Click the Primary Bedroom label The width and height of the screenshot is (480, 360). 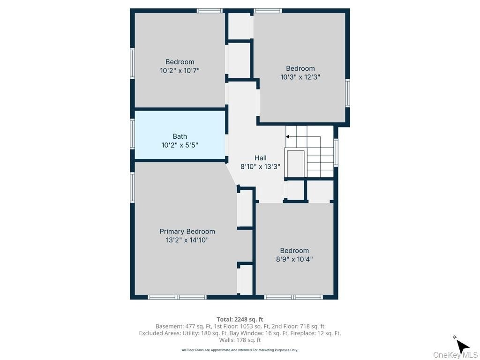pos(187,232)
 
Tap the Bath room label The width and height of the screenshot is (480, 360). pos(180,136)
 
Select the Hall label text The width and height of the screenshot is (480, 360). pos(260,158)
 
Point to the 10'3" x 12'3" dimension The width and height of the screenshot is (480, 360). pos(300,77)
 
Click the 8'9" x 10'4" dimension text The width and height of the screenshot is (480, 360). pos(294,259)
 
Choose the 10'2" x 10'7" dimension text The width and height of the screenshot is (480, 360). pos(180,70)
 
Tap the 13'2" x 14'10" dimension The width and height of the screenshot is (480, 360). pos(187,240)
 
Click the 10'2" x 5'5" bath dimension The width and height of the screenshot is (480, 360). pos(180,145)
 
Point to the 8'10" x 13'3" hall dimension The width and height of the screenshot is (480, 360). pos(260,166)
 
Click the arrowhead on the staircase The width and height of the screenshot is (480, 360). pos(287,136)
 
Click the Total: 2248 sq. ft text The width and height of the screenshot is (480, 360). pos(240,320)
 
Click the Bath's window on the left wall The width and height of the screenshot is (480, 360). pos(133,134)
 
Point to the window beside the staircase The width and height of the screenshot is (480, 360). pos(336,152)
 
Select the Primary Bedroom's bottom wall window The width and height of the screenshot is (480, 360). pos(177,297)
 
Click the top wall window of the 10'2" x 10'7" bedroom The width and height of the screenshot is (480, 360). pos(210,11)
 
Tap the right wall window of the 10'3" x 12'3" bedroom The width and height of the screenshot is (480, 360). pos(347,93)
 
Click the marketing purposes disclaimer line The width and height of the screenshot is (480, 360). pos(240,350)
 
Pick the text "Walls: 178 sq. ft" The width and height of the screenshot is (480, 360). pos(240,340)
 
